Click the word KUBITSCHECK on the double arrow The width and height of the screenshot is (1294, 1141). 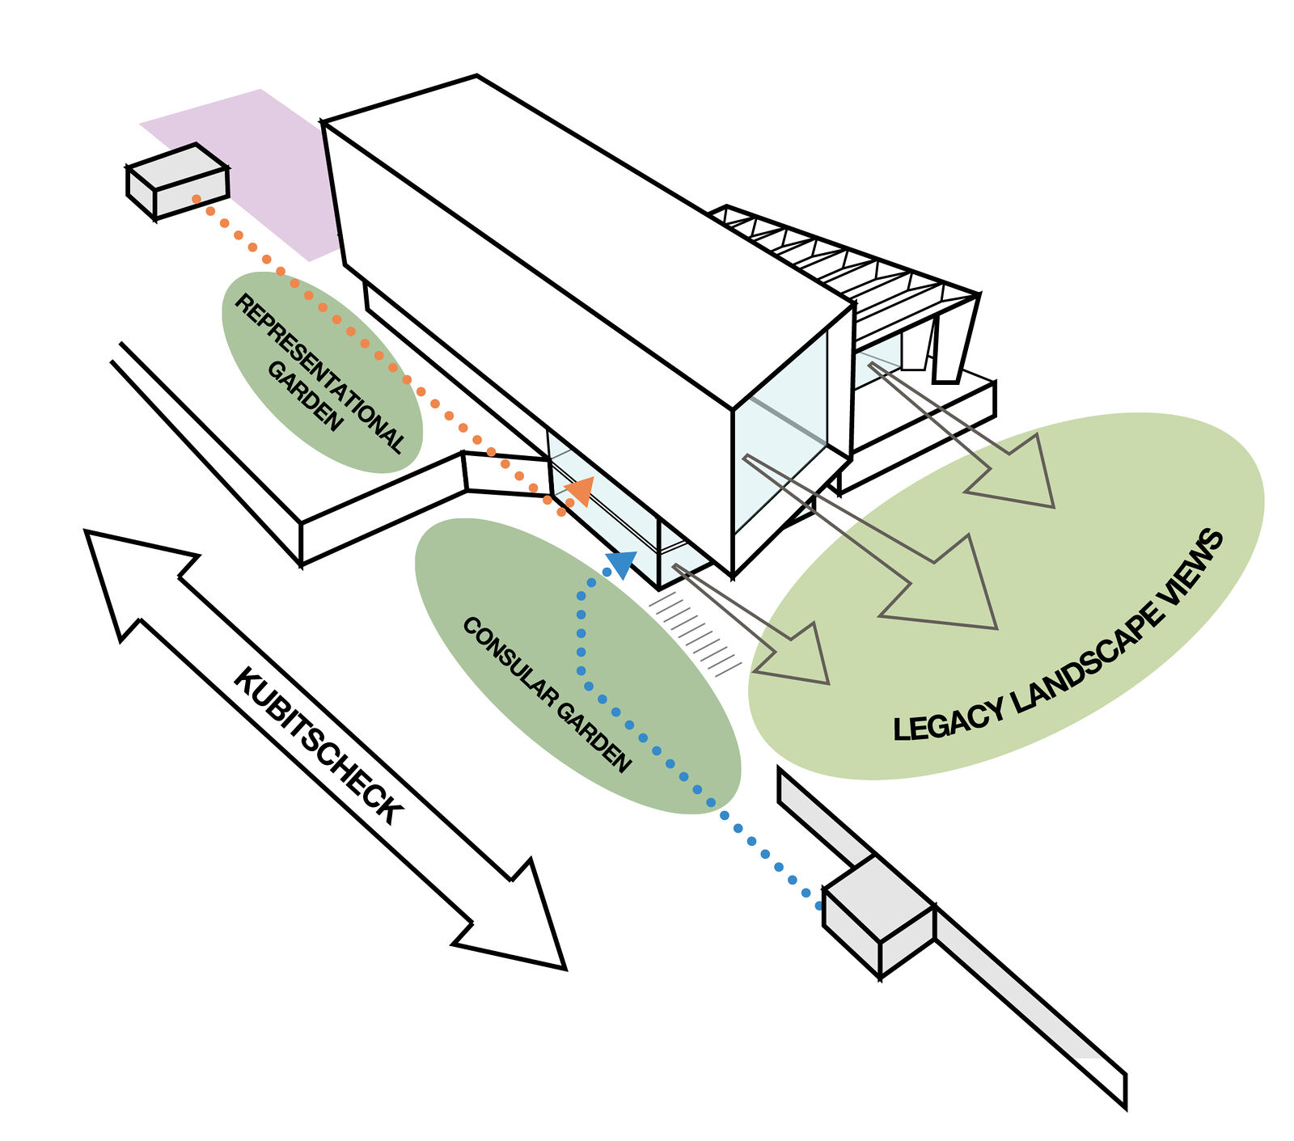[318, 746]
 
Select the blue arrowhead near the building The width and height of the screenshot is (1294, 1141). [622, 562]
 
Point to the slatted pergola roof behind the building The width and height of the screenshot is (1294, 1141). [841, 259]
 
